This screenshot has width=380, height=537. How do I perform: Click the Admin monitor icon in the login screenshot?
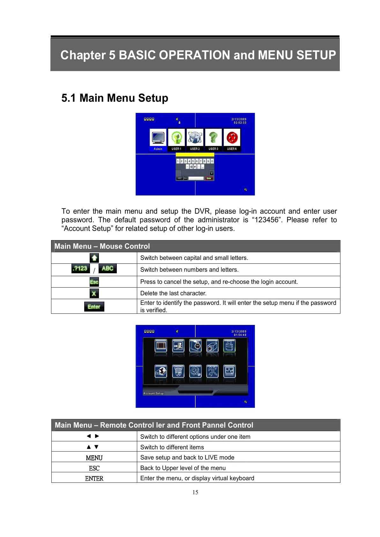[158, 137]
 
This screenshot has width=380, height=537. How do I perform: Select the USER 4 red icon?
[232, 137]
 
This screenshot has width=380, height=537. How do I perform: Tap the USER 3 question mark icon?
[213, 137]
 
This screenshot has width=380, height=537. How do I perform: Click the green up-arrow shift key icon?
[94, 258]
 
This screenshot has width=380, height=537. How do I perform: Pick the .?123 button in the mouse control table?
[80, 268]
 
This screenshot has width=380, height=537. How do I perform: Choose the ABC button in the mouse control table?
[108, 268]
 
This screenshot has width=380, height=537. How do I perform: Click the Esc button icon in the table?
[94, 282]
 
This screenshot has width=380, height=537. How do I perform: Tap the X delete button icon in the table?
[94, 293]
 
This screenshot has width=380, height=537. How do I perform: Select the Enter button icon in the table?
[94, 306]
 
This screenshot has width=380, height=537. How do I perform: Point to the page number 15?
[195, 492]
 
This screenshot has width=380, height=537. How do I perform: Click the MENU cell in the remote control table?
[94, 458]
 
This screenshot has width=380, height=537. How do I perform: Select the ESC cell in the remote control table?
[94, 468]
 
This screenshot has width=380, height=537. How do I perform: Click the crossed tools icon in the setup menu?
[212, 371]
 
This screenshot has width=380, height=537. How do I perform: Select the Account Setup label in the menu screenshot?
[153, 394]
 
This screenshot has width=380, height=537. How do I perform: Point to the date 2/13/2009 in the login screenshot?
[239, 119]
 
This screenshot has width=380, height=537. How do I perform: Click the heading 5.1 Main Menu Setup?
[115, 98]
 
